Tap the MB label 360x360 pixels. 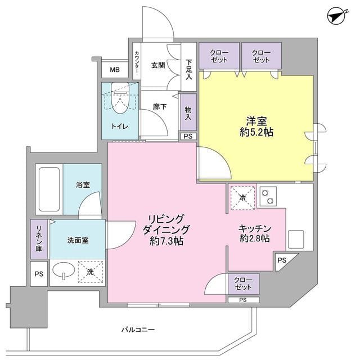tap(114, 70)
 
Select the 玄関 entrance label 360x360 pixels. tap(158, 65)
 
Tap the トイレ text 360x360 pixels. tap(120, 127)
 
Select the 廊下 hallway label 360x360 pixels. tap(159, 106)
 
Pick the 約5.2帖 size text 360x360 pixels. tap(256, 133)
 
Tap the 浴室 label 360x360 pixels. tap(83, 184)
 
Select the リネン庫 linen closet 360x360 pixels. tap(39, 239)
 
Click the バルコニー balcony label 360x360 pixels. tap(138, 328)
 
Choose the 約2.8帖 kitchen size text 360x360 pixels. tap(255, 238)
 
